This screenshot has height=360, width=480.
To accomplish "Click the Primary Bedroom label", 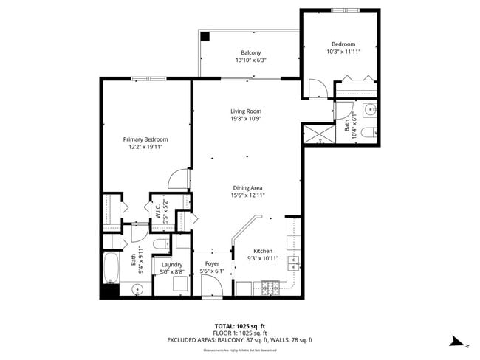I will (x=145, y=139).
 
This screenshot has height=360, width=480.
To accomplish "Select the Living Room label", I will (x=246, y=111).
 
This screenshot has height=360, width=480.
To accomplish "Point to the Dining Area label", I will (x=249, y=187).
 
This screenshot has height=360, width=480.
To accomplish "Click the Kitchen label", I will (x=263, y=251).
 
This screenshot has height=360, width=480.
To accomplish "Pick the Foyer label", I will (x=212, y=263).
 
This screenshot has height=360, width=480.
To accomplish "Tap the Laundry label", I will (x=172, y=264).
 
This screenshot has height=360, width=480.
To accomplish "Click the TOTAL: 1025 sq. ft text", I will (x=239, y=325).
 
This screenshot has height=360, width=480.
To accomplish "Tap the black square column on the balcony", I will (x=206, y=35).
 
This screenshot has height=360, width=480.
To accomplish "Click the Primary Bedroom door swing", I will (x=179, y=179).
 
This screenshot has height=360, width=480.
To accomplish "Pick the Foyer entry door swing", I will (x=210, y=289).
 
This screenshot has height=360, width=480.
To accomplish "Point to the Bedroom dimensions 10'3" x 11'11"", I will (x=343, y=52).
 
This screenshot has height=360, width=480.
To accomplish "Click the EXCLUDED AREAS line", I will (x=239, y=340).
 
